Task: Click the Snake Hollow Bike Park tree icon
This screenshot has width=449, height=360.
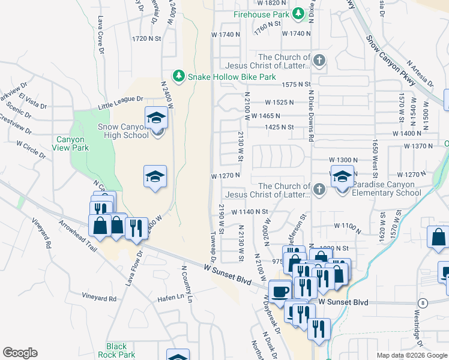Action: pyautogui.click(x=178, y=76)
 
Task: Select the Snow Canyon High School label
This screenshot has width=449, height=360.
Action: pyautogui.click(x=123, y=131)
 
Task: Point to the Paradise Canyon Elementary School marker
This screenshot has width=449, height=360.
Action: pyautogui.click(x=343, y=178)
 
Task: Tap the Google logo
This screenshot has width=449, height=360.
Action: pyautogui.click(x=20, y=353)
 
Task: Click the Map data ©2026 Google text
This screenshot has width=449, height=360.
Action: pyautogui.click(x=411, y=355)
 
